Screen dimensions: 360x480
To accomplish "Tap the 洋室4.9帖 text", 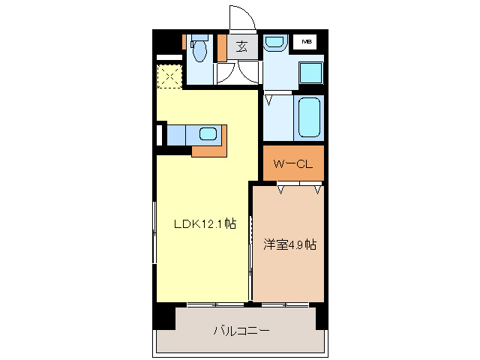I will [289, 244].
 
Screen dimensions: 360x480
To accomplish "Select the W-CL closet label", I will [292, 163].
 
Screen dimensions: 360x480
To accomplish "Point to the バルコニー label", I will [241, 330].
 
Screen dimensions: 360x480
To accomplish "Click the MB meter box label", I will [308, 41].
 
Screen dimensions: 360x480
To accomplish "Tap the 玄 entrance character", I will [242, 46].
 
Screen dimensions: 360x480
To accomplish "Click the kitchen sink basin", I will [208, 135].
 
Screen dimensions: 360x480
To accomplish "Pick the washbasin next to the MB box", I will [274, 43].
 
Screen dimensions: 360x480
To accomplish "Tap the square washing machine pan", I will [310, 73].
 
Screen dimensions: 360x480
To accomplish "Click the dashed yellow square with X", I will [169, 76].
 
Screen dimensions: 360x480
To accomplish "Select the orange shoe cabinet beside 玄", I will [222, 47].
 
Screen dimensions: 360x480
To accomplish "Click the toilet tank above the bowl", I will [199, 37].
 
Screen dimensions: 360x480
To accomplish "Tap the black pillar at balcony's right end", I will [322, 316].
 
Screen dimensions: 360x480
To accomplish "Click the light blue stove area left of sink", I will [177, 134].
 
